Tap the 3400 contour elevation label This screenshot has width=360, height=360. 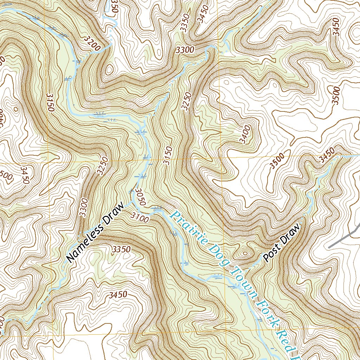(245, 134)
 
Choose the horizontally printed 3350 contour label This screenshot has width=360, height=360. (121, 249)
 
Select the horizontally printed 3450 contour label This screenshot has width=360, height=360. (118, 295)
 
